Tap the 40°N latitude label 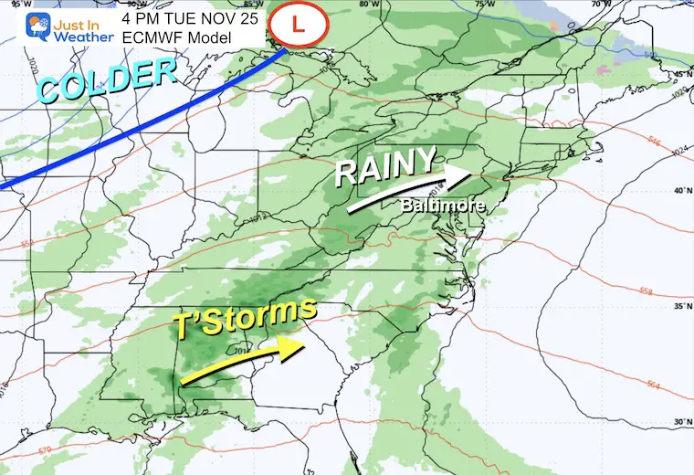point(680,190)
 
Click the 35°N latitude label point(680,307)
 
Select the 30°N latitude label point(680,422)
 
